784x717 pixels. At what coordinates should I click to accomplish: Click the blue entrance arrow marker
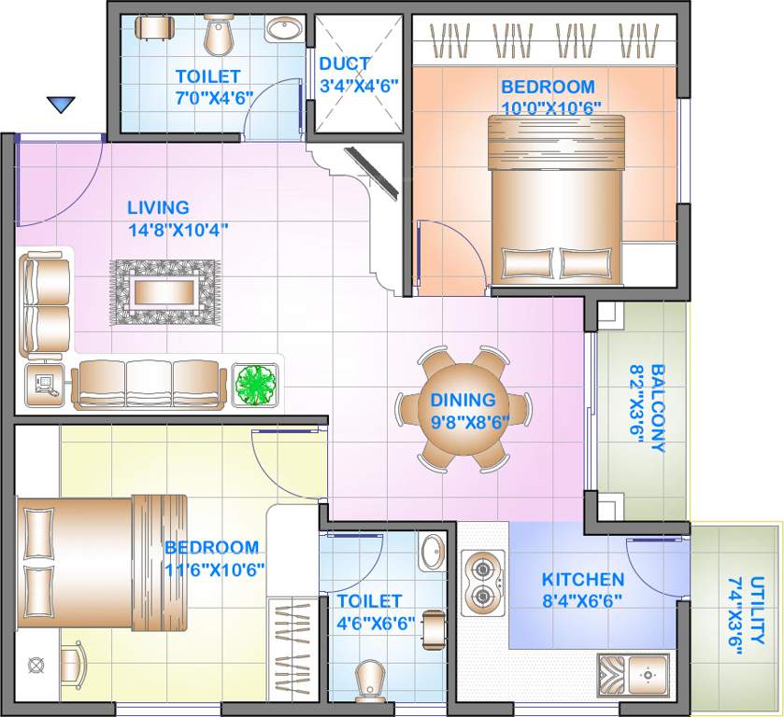tap(61, 105)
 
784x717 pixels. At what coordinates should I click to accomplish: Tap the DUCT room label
tap(345, 64)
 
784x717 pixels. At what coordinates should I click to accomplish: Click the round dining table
tap(463, 408)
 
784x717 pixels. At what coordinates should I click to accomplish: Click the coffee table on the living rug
tap(165, 292)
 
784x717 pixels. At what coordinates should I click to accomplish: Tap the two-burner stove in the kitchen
tap(483, 581)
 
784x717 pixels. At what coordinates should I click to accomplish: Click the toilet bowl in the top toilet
tap(219, 35)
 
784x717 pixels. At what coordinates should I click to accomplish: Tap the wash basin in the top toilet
tap(284, 31)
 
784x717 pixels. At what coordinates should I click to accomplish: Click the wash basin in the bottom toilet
tap(433, 551)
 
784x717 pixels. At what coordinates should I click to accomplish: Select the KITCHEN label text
tap(583, 579)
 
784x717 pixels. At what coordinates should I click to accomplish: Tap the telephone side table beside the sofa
tap(44, 384)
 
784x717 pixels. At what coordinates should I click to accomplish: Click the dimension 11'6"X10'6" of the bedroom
tap(216, 569)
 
